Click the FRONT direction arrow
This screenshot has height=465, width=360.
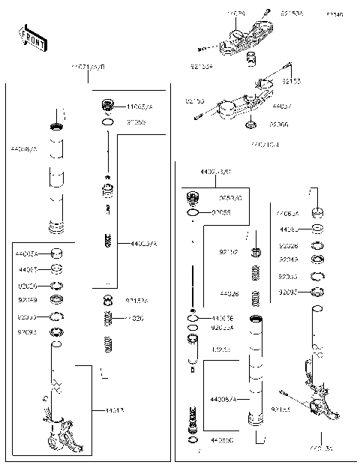pyautogui.click(x=32, y=39)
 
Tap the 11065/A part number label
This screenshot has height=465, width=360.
pyautogui.click(x=139, y=107)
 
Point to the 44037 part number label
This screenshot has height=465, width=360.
pyautogui.click(x=282, y=107)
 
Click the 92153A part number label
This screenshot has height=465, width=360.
pyautogui.click(x=292, y=13)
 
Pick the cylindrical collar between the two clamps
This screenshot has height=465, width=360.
pyautogui.click(x=253, y=61)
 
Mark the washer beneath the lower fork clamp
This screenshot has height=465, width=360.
pyautogui.click(x=253, y=124)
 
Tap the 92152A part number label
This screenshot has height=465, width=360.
pyautogui.click(x=136, y=300)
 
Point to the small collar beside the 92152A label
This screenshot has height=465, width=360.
pyautogui.click(x=108, y=300)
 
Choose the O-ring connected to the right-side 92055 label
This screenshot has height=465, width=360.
pyautogui.click(x=193, y=213)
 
